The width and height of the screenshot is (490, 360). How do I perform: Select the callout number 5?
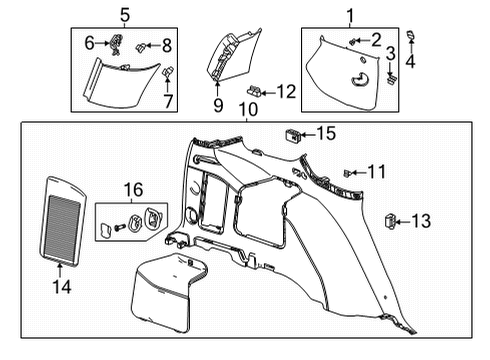click(124, 14)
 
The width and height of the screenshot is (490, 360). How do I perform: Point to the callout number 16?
click(132, 188)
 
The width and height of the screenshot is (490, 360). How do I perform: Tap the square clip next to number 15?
click(292, 133)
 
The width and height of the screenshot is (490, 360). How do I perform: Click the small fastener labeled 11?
click(346, 173)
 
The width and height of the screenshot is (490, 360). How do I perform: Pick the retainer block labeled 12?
click(255, 92)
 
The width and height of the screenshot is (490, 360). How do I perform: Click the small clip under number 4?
click(421, 39)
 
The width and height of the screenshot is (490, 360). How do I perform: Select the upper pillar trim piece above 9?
click(228, 55)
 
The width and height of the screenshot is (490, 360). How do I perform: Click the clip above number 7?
click(168, 71)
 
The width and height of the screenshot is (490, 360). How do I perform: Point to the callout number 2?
click(376, 40)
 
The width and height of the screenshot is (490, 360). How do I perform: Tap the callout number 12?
click(286, 92)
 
